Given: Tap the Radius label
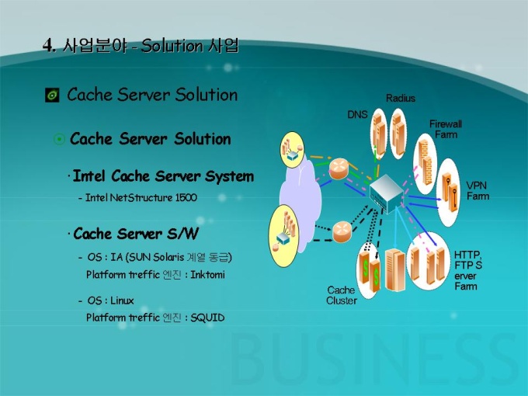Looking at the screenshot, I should click(x=401, y=99).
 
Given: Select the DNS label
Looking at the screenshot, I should click(x=357, y=115).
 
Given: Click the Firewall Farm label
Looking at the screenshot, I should click(x=446, y=129).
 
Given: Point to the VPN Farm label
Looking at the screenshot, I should click(x=478, y=191).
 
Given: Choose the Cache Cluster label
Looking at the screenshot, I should click(x=342, y=295).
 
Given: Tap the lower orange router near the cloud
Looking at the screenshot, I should click(x=342, y=230).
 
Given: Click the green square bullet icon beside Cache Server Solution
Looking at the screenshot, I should click(x=52, y=96).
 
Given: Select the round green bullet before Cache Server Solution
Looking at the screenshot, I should click(x=59, y=140).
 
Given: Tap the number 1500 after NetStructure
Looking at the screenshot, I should click(x=186, y=198).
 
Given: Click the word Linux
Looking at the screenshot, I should click(x=121, y=300).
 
